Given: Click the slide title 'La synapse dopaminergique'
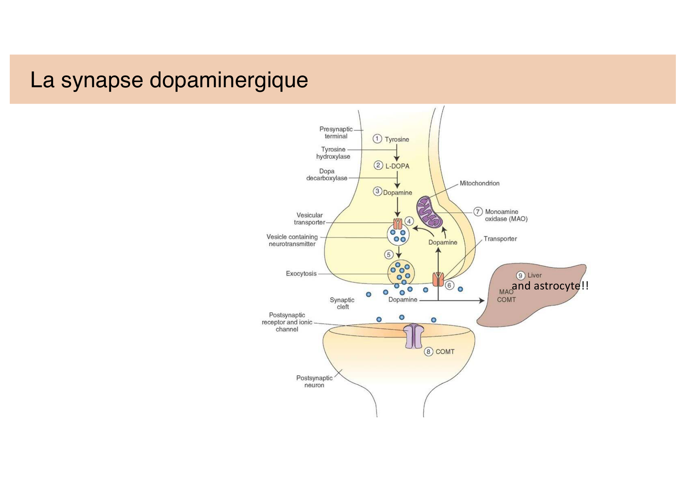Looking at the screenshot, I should coord(169,80).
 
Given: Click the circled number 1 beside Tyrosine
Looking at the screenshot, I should coord(377,139).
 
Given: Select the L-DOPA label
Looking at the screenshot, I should coord(397,166).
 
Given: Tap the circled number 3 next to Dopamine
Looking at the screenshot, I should coord(377,191).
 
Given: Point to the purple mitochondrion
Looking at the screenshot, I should coord(430,212).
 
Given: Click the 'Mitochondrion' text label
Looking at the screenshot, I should coord(479,183).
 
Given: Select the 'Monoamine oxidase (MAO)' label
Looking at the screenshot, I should coord(506,215).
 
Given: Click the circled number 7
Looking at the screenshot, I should coord(478,212).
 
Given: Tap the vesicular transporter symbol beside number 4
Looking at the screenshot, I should coord(398,224).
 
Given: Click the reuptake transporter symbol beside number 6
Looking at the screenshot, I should coord(438,279).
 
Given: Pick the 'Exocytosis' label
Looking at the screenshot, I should coord(301,273).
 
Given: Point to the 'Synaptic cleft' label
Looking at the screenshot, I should coord(342,303).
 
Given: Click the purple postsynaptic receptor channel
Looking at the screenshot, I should coord(413,336).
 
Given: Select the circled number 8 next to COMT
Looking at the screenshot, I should coord(428,352).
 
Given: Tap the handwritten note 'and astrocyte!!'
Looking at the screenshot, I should coord(550,286).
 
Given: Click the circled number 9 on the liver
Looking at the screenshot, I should coord(520,275).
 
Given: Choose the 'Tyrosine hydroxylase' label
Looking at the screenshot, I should coord(333,153).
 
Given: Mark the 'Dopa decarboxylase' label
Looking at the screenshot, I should coord(327,174).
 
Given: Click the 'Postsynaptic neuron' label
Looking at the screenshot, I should coord(314,381).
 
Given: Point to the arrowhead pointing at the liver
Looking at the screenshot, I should coord(482,300).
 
